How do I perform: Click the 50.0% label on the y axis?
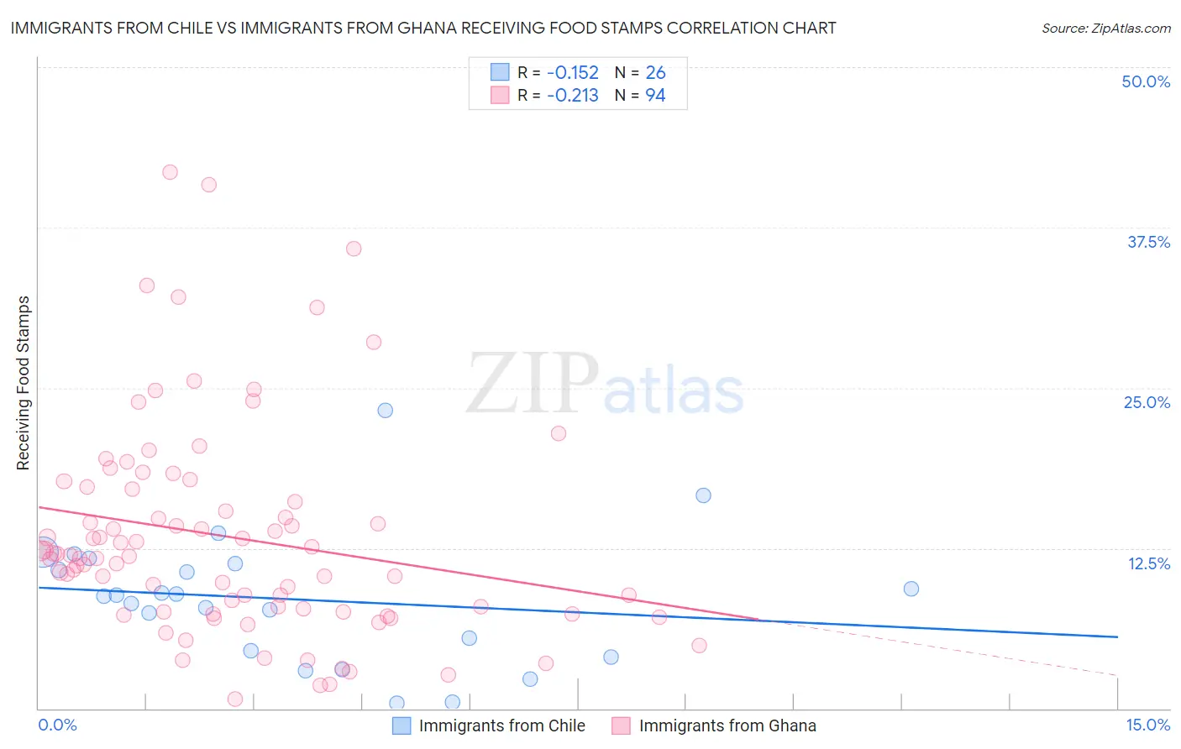coord(1146,81)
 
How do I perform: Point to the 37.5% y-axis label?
coord(1148,242)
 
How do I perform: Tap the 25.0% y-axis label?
coord(1147,402)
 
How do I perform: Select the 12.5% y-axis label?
coord(1148,563)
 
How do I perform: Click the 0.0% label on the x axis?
coord(57,725)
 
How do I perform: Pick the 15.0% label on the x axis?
coord(1147,725)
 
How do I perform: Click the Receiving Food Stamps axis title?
coord(23,383)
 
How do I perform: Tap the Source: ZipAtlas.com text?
coord(1105,28)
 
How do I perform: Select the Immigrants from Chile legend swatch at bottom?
coord(402,725)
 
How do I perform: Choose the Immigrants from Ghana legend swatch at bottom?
coord(621,725)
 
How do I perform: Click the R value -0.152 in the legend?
coord(572,72)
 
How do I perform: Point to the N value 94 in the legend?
coord(655,95)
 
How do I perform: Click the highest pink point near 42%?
coord(170,172)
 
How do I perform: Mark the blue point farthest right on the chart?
coord(911,589)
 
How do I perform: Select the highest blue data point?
coord(386,411)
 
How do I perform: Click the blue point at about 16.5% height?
coord(704,495)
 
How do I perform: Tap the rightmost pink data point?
coord(699,646)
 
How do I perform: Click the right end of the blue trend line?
coord(1117,637)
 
